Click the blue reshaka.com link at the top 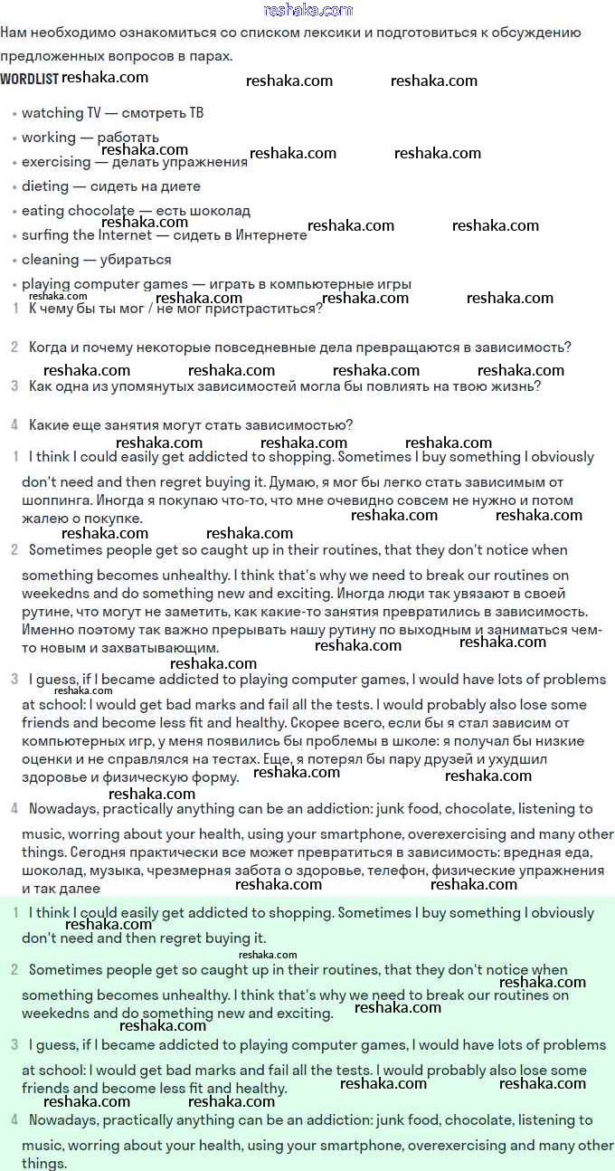click(x=308, y=10)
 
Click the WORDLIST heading click(x=29, y=79)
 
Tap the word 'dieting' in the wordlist click(x=45, y=186)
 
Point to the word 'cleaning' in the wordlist click(x=50, y=260)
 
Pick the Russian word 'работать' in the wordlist click(x=128, y=138)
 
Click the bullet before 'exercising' click(x=14, y=164)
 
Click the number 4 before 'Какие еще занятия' click(x=14, y=424)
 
